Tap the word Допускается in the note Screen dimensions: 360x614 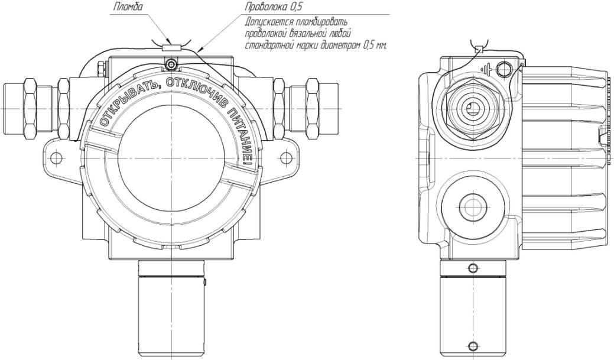click(x=264, y=22)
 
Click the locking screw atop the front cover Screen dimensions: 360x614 click(x=171, y=64)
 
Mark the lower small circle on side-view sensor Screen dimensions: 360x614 click(x=472, y=347)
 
